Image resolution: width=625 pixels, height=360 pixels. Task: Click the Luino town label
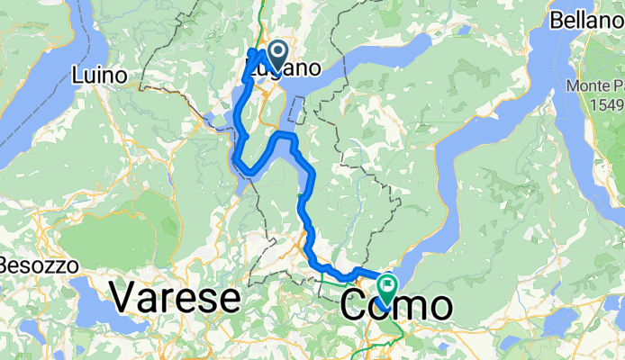101,75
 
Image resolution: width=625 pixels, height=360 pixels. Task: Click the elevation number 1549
607,104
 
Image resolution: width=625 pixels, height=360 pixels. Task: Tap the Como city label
396,305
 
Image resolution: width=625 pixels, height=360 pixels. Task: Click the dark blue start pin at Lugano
276,50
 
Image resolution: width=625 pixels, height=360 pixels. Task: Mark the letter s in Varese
211,300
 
